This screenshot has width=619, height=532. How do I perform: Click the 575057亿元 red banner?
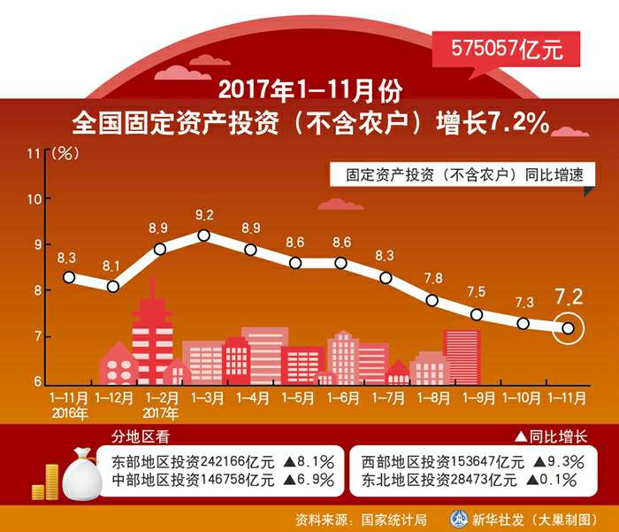(x=507, y=50)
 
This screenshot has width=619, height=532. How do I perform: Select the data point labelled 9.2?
(x=203, y=235)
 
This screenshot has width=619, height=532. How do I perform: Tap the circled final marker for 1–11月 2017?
(x=568, y=328)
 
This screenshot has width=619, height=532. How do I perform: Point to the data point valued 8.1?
(x=113, y=286)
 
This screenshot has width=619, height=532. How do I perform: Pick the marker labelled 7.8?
(x=432, y=300)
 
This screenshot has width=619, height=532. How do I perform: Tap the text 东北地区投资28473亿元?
(x=439, y=481)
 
